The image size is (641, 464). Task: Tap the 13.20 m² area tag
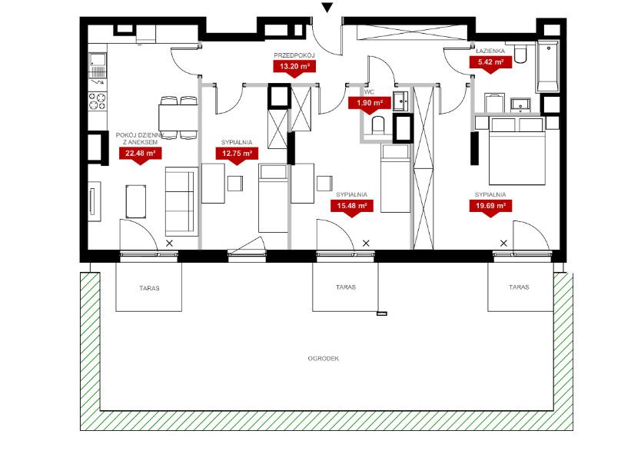click(294, 67)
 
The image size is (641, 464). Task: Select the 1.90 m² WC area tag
click(370, 104)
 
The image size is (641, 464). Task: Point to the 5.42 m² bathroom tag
click(490, 63)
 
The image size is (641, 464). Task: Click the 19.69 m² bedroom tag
click(490, 207)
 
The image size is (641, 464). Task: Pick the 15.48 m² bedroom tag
click(351, 207)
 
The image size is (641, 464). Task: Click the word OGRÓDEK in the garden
click(324, 359)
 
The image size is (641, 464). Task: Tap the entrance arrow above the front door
click(327, 8)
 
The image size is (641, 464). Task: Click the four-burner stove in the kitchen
click(98, 101)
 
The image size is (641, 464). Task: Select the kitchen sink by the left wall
click(98, 65)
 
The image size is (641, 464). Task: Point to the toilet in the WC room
click(378, 125)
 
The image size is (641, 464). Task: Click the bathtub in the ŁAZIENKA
click(547, 66)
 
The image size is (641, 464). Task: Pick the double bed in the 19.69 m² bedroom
click(517, 151)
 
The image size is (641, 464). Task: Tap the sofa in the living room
click(179, 201)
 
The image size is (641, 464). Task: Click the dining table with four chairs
click(178, 118)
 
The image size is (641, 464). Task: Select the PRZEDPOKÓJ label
click(294, 55)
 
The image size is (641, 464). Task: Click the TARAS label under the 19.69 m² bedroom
click(519, 287)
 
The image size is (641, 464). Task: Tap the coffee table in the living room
click(136, 201)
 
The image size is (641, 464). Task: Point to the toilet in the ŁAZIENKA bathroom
click(520, 54)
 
